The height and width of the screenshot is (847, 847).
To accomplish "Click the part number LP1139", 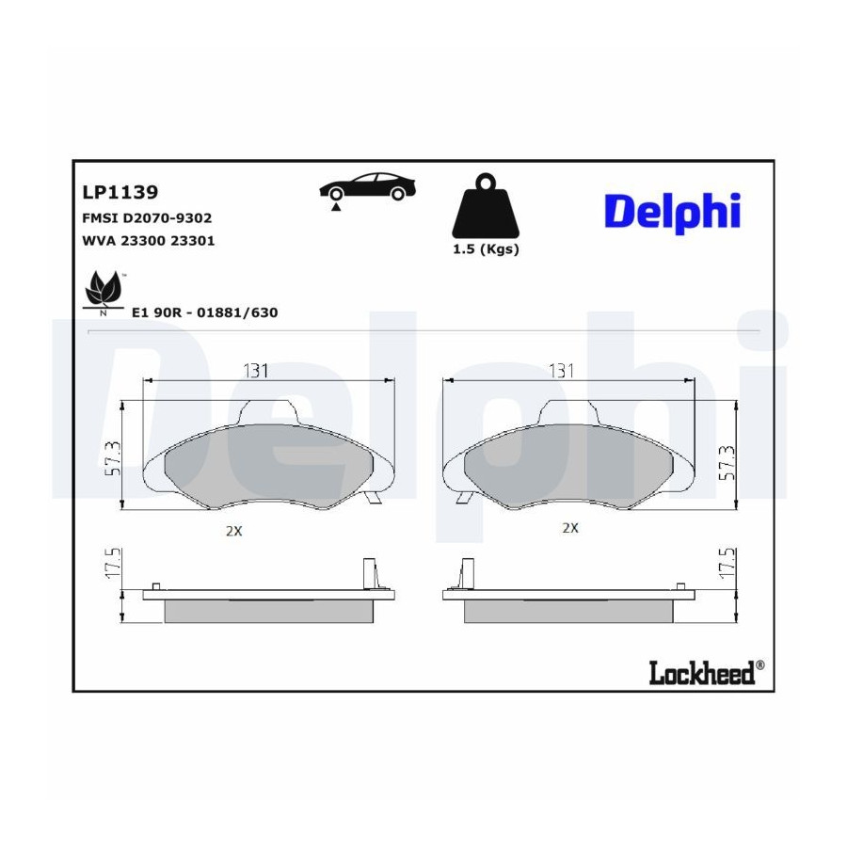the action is click(120, 192).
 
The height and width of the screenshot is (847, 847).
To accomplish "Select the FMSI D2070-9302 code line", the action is click(147, 217).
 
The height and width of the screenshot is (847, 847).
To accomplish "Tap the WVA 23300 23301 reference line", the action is click(149, 240).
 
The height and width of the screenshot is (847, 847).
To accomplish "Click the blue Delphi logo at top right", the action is click(673, 213).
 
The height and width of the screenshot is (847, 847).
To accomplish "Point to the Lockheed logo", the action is click(707, 672).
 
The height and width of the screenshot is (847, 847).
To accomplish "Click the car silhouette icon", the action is click(367, 187).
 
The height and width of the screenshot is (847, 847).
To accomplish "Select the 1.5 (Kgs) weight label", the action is click(486, 249).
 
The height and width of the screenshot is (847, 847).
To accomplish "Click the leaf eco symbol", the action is click(104, 293).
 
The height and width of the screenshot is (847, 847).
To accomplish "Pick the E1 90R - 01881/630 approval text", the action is click(205, 312).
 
